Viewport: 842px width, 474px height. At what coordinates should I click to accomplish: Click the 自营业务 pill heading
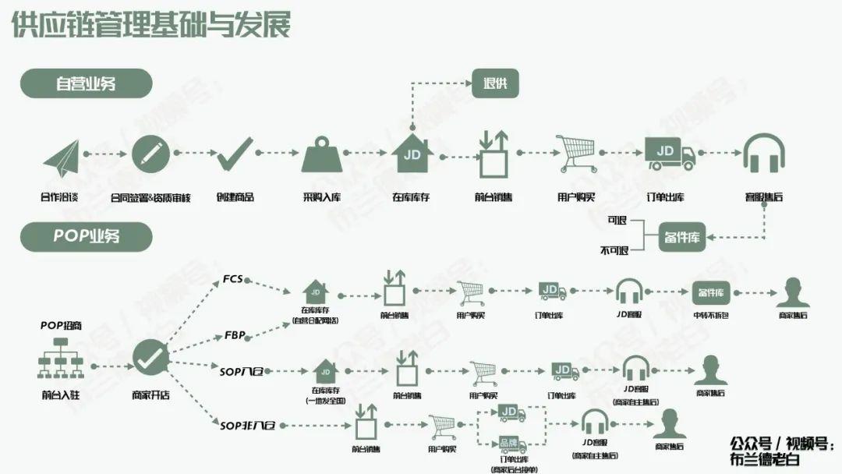[x=86, y=83]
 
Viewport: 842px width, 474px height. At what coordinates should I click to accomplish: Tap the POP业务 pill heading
[x=86, y=236]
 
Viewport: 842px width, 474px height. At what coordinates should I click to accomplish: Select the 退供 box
[x=495, y=83]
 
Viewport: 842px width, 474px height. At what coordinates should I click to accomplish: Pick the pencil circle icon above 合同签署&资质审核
[x=150, y=154]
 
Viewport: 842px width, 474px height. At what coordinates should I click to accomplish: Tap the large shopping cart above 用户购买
[x=577, y=154]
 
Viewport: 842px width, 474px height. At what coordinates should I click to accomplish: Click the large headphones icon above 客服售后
[x=763, y=154]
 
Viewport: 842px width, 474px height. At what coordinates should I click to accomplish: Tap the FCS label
[x=234, y=278]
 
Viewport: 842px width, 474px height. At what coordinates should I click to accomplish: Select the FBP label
[x=235, y=335]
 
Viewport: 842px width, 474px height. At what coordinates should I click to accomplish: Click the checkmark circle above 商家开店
[x=150, y=359]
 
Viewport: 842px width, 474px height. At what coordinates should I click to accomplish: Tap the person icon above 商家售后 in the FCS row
[x=793, y=292]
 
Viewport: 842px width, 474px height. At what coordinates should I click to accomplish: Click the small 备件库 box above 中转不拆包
[x=710, y=292]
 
